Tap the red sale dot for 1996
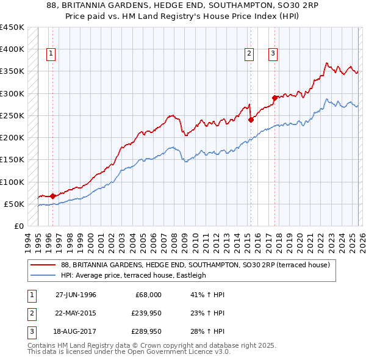coord(52,196)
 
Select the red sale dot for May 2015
coord(251,120)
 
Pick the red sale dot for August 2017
coord(274,98)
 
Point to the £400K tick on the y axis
coord(12,49)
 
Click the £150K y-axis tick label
coord(12,160)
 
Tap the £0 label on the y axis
coord(18,226)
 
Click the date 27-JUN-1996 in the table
coord(76,295)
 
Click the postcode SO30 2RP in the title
coord(298,5)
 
